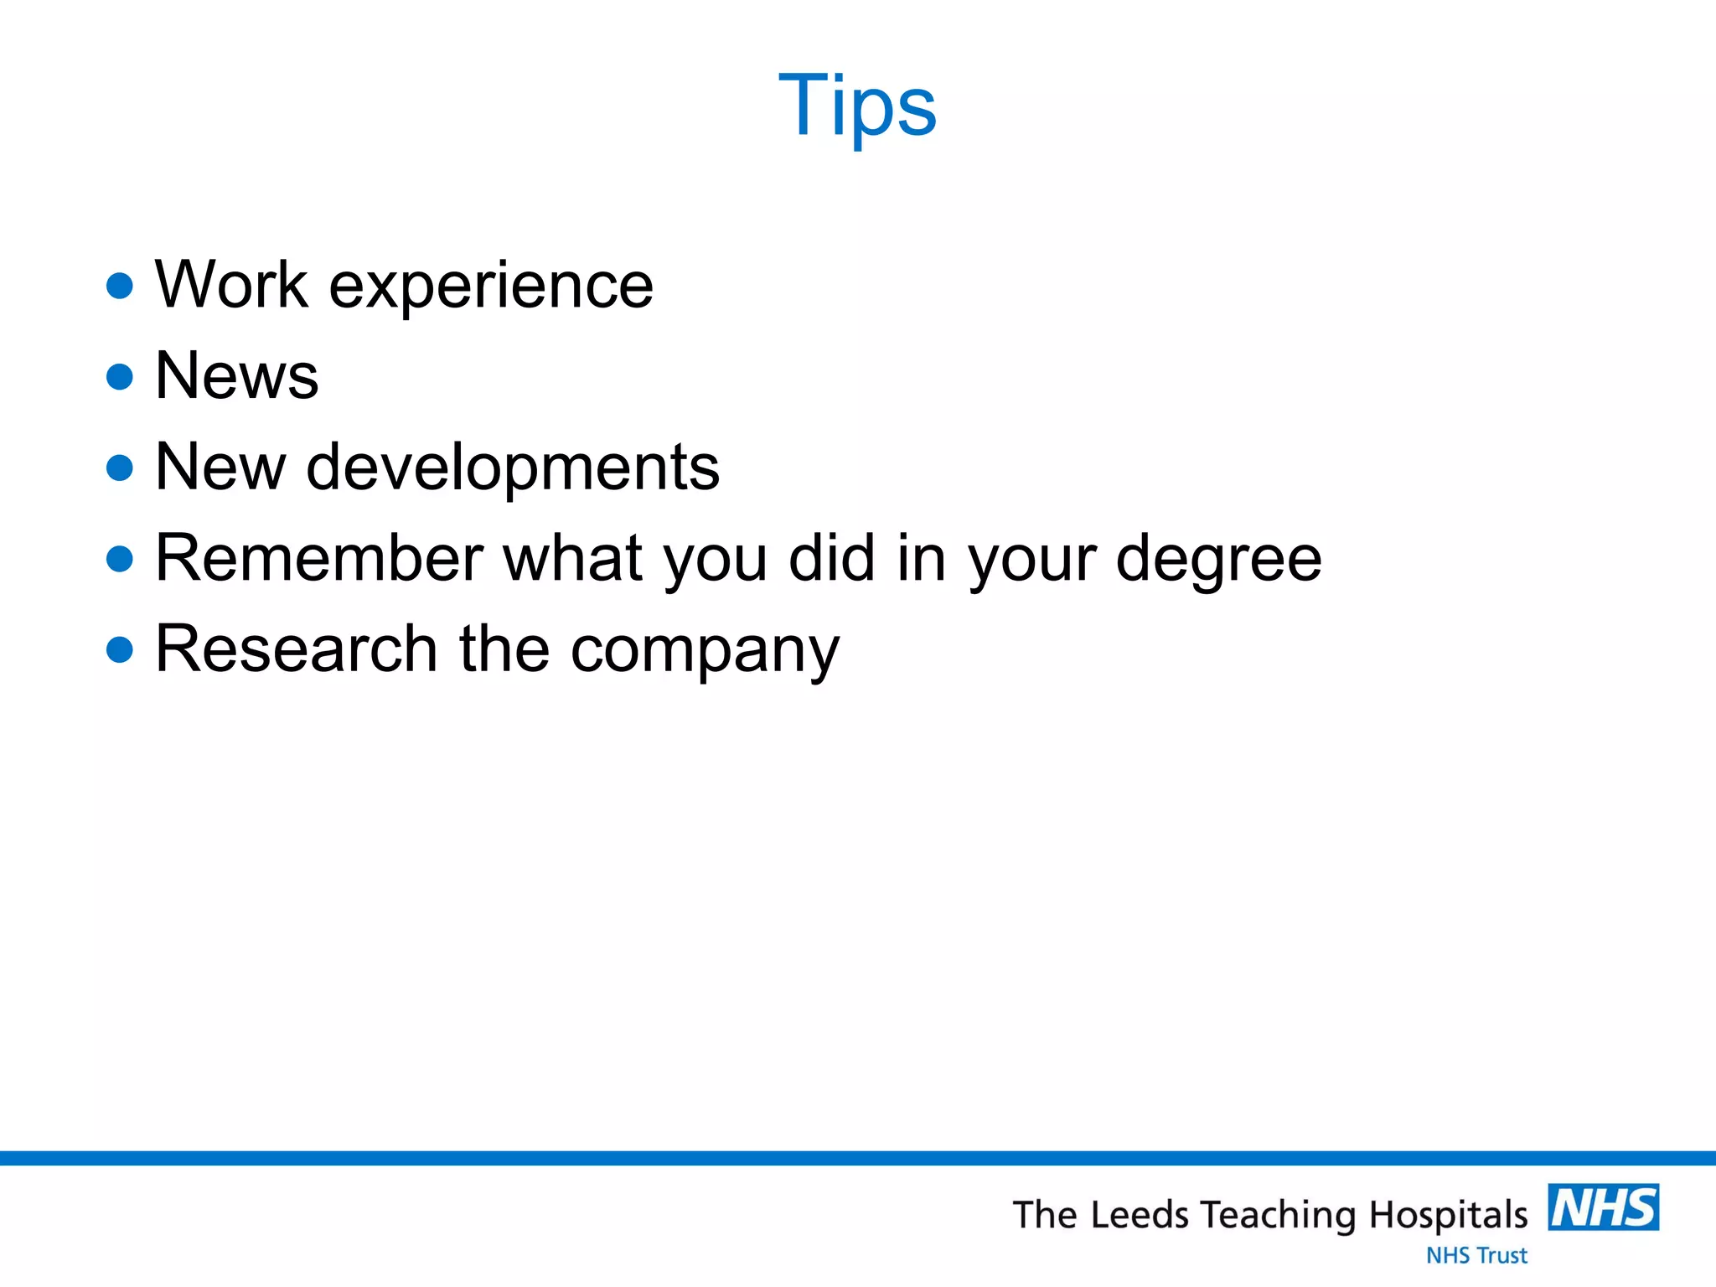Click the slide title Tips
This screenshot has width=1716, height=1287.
pyautogui.click(x=857, y=106)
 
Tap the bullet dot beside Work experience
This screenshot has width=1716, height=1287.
pyautogui.click(x=121, y=286)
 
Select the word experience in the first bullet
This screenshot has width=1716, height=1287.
pyautogui.click(x=491, y=287)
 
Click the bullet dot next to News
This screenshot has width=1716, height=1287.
pyautogui.click(x=121, y=376)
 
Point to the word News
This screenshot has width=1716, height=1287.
pyautogui.click(x=237, y=376)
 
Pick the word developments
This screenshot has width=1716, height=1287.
pyautogui.click(x=513, y=468)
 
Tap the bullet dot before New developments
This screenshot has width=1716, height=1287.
pyautogui.click(x=121, y=468)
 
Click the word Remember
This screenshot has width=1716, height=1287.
pyautogui.click(x=320, y=558)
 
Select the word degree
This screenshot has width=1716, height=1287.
pyautogui.click(x=1219, y=560)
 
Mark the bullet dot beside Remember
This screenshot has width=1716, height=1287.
pyautogui.click(x=121, y=559)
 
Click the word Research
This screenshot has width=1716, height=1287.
pyautogui.click(x=297, y=649)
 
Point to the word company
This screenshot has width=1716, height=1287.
pyautogui.click(x=705, y=651)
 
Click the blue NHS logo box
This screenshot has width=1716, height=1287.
pyautogui.click(x=1603, y=1207)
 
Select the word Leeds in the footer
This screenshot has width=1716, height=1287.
pyautogui.click(x=1140, y=1216)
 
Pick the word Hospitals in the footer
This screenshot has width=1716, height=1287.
pyautogui.click(x=1449, y=1216)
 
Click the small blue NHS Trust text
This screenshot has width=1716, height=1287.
pyautogui.click(x=1476, y=1255)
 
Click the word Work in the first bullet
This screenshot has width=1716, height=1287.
pyautogui.click(x=232, y=286)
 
